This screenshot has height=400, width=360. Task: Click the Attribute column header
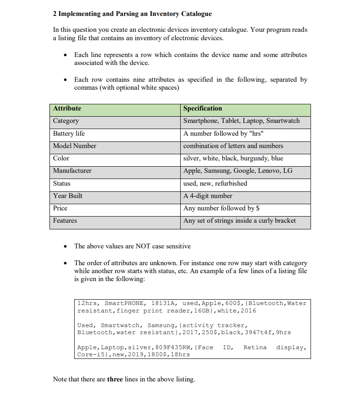67,108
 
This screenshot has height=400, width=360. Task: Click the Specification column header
203,108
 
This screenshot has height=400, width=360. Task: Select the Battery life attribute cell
69,133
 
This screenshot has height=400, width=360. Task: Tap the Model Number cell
75,146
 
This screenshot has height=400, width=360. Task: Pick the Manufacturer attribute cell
72,171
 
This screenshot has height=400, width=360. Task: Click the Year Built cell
68,196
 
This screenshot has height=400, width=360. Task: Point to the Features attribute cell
65,221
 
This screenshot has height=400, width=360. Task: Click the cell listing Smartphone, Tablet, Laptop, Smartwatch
241,121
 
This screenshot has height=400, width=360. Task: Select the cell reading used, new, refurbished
215,183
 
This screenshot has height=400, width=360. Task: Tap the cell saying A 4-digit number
208,196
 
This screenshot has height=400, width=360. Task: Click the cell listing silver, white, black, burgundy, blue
233,158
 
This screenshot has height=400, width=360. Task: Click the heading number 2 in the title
55,14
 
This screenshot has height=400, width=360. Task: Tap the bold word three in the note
115,379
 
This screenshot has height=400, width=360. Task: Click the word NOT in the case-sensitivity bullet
143,246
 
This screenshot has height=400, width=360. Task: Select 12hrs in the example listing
87,303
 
